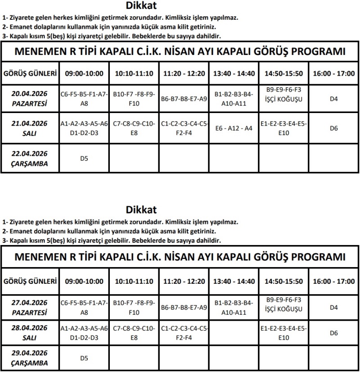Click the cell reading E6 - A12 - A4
pyautogui.click(x=234, y=128)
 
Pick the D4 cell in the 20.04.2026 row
pyautogui.click(x=333, y=99)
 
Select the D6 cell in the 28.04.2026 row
pyautogui.click(x=333, y=333)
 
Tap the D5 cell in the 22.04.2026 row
pyautogui.click(x=84, y=159)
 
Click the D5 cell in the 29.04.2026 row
pyautogui.click(x=84, y=358)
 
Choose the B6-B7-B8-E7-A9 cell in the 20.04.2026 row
pyautogui.click(x=184, y=99)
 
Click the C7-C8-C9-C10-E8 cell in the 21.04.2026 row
pyautogui.click(x=134, y=128)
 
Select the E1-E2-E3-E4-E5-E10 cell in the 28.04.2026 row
pyautogui.click(x=284, y=333)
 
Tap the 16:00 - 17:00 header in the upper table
pyautogui.click(x=333, y=74)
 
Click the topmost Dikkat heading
pyautogui.click(x=142, y=6)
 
